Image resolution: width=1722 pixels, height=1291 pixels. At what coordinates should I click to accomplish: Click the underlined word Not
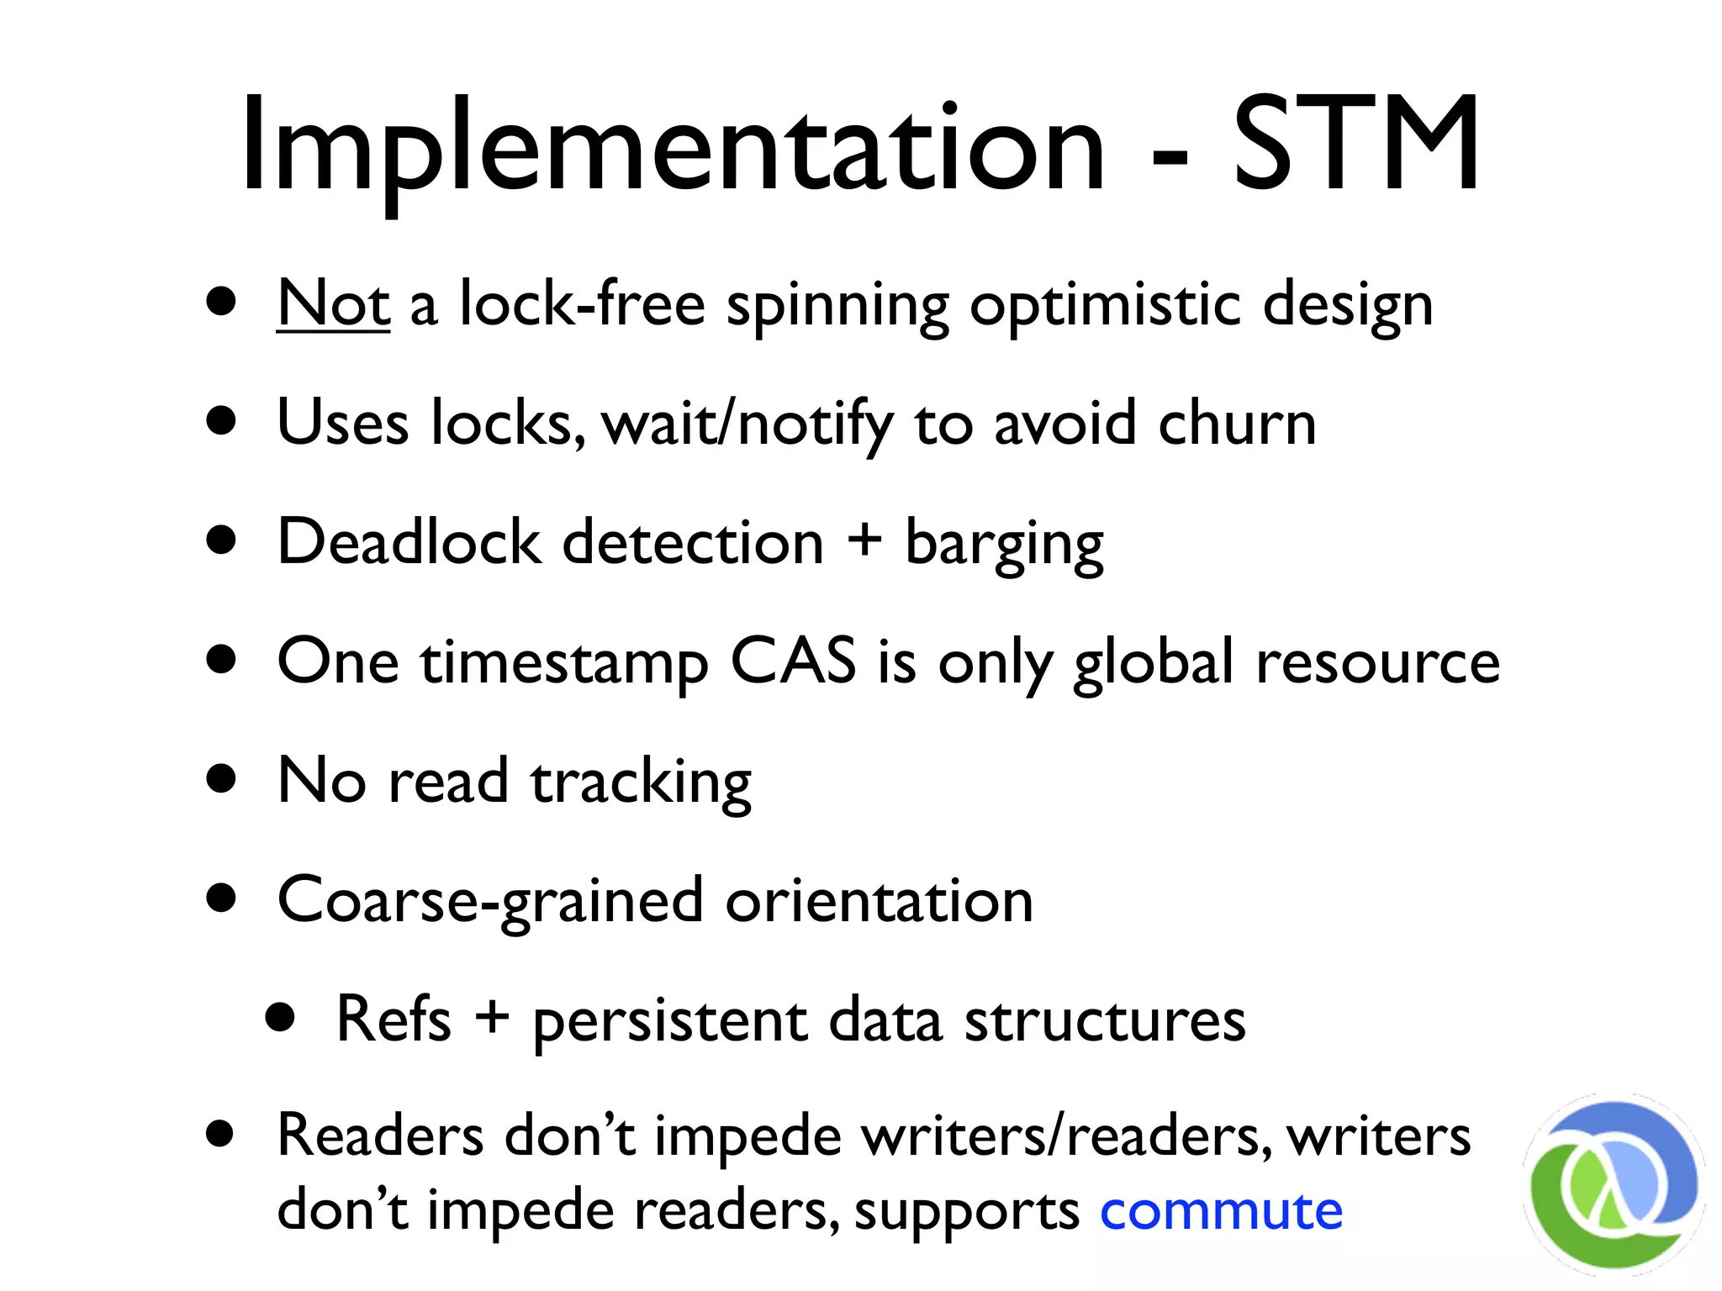coord(333,303)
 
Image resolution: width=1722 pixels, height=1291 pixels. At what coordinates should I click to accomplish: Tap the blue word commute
coord(1221,1211)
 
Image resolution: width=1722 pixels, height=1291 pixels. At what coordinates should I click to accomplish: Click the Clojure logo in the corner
coord(1613,1185)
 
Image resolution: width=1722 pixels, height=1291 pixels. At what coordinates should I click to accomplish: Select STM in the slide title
coord(1355,145)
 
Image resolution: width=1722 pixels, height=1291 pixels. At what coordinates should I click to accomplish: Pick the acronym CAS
coord(793,661)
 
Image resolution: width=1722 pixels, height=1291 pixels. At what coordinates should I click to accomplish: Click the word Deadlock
coord(409,541)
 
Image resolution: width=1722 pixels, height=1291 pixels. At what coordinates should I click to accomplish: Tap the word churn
coord(1237,423)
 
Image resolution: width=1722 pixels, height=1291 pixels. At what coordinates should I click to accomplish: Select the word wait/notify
coord(748,424)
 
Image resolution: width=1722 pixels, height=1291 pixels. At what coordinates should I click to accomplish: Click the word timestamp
coord(564,664)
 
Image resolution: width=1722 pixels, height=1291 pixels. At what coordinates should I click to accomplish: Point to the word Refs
coord(394,1019)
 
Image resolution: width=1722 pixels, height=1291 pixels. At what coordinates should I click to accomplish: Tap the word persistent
coord(670,1022)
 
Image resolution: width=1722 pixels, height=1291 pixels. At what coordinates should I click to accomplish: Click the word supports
coord(967,1213)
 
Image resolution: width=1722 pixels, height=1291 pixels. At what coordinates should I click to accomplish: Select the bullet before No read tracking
coord(221,778)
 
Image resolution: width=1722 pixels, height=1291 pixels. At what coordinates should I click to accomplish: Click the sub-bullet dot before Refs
coord(280,1018)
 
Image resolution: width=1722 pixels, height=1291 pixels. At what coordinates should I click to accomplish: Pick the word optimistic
coord(1106,307)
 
